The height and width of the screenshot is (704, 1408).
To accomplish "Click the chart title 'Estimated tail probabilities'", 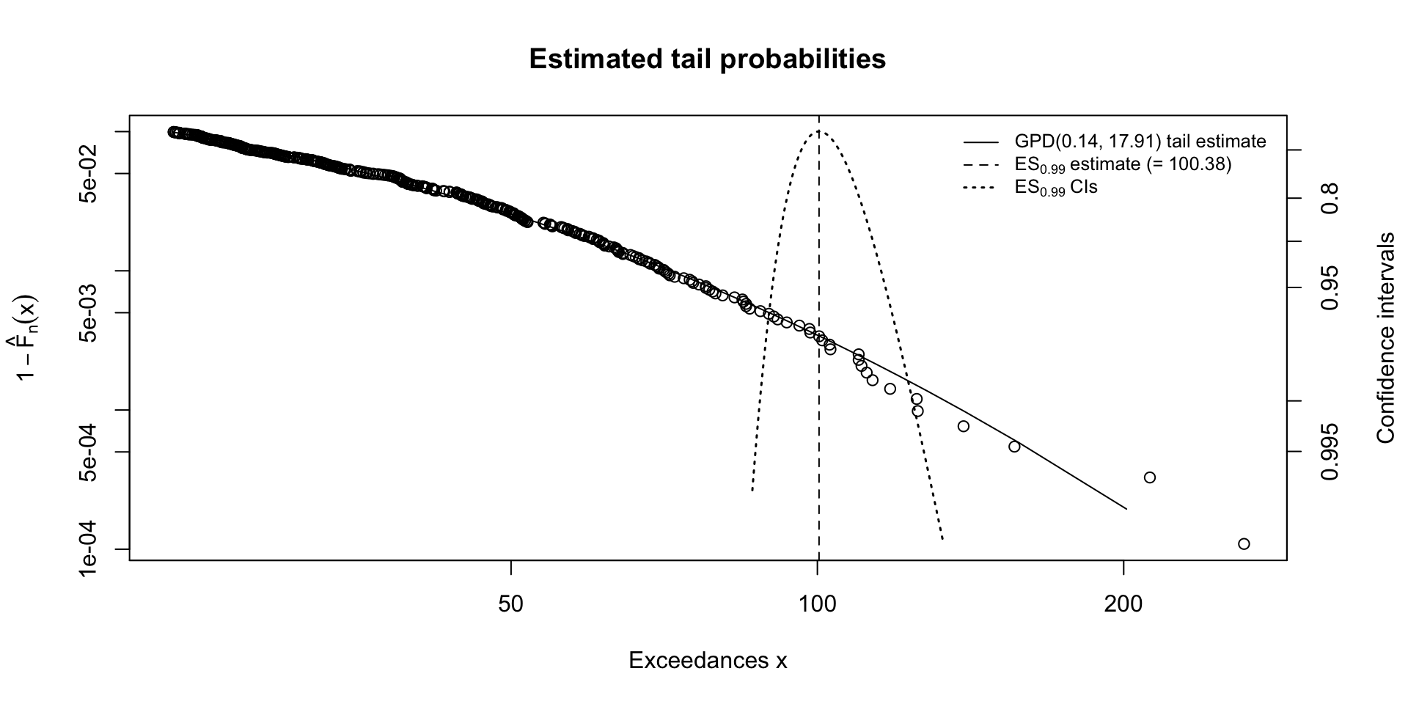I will pos(707,59).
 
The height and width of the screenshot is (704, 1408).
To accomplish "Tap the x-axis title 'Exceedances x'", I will pos(708,661).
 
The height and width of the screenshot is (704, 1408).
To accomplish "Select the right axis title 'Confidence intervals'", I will pos(1385,338).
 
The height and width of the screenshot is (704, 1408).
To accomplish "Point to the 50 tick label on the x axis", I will pos(510,604).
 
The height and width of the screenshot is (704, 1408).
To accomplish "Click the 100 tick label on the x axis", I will pos(818,604).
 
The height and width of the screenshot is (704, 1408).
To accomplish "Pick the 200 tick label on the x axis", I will pos(1123,604).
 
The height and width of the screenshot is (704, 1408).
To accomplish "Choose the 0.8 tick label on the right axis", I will pos(1330,198).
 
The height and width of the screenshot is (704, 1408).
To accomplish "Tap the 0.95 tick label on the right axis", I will pos(1330,287).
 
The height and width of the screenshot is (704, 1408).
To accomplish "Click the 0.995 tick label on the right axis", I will pos(1330,452).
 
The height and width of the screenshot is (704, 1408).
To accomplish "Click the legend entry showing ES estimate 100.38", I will pos(1123,164).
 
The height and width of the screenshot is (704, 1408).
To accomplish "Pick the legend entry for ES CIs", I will pos(1056,188).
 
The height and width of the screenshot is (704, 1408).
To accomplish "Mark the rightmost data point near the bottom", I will pos(1244,543).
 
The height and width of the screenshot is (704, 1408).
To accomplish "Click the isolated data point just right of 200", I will pos(1150,477).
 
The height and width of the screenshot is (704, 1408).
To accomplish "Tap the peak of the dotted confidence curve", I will pos(818,131).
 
